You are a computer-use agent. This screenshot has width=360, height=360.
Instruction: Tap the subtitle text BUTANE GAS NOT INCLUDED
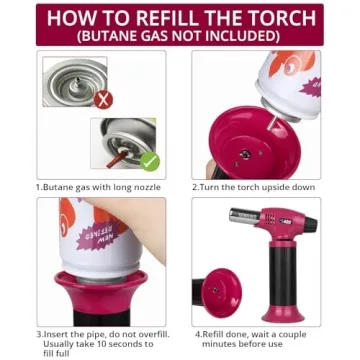pos(179,36)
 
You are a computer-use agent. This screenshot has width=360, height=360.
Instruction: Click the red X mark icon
pos(102,99)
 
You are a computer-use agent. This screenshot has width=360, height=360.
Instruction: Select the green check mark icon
pos(150,160)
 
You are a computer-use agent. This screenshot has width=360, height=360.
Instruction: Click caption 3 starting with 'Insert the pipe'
pos(101,334)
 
